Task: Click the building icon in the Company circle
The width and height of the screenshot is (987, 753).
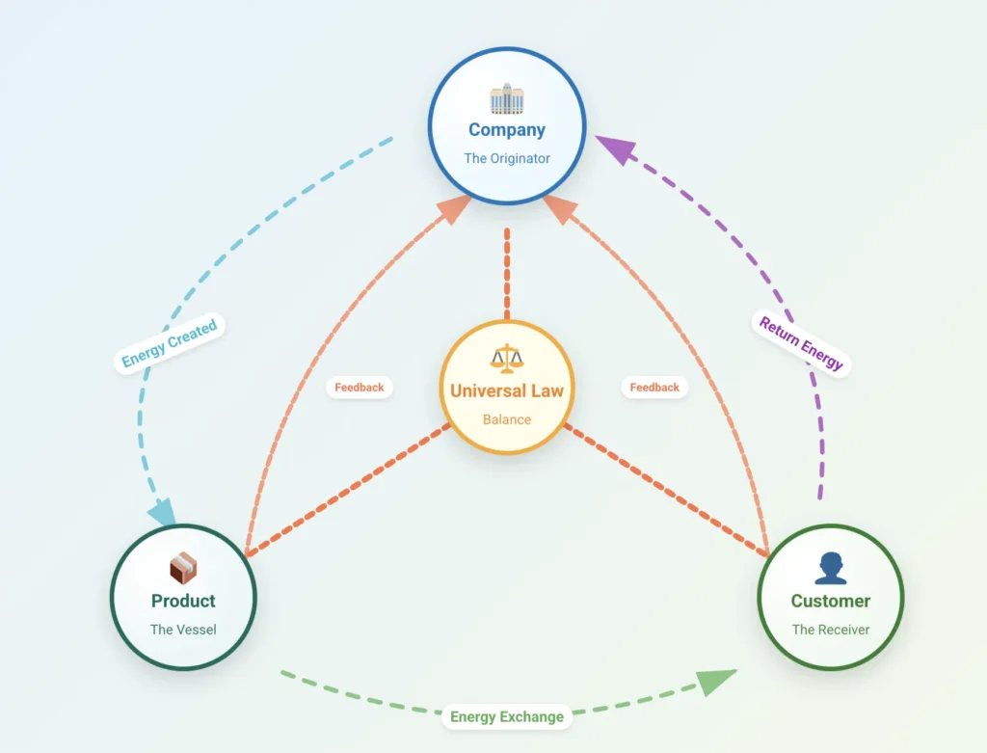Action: (507, 98)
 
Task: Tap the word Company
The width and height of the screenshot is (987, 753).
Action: (507, 129)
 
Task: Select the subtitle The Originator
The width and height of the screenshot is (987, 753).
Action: (507, 158)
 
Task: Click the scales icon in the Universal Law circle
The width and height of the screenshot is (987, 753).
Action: (507, 359)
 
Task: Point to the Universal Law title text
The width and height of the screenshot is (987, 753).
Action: (507, 390)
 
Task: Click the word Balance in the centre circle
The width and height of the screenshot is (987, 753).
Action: (507, 419)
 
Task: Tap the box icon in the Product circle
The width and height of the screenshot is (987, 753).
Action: (183, 569)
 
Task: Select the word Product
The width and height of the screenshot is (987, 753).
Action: (183, 601)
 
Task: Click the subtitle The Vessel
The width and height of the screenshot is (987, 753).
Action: (183, 630)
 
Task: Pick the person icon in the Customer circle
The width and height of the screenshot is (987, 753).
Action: (830, 569)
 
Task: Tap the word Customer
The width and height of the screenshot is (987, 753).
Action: (830, 601)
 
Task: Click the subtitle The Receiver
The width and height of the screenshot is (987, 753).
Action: (830, 630)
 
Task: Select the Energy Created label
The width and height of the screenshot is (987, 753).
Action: (170, 343)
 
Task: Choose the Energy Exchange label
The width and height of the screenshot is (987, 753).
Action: (507, 716)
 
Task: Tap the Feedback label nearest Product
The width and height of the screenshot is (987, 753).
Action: (359, 387)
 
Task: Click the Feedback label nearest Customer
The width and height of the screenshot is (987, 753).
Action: (654, 387)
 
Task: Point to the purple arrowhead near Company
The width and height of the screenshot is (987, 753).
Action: (615, 149)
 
